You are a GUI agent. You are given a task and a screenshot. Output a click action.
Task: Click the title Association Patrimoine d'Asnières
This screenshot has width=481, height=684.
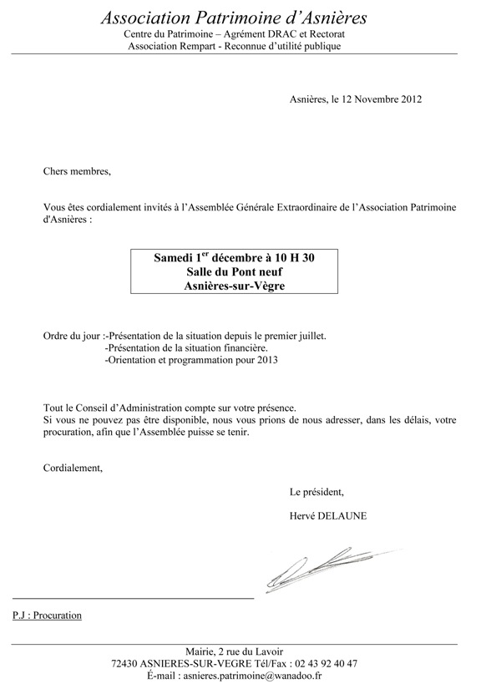click(233, 18)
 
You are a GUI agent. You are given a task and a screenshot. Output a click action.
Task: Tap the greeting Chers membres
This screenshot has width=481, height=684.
click(77, 171)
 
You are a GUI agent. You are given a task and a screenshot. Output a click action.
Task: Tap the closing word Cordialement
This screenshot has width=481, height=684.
click(73, 468)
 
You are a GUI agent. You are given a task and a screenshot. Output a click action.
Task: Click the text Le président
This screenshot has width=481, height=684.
click(316, 490)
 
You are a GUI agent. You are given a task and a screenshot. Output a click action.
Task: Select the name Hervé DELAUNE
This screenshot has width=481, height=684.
click(328, 516)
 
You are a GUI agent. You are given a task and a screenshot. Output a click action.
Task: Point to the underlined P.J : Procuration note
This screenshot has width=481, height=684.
click(48, 616)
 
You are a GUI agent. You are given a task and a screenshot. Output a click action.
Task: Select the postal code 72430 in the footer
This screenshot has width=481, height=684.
click(127, 663)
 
